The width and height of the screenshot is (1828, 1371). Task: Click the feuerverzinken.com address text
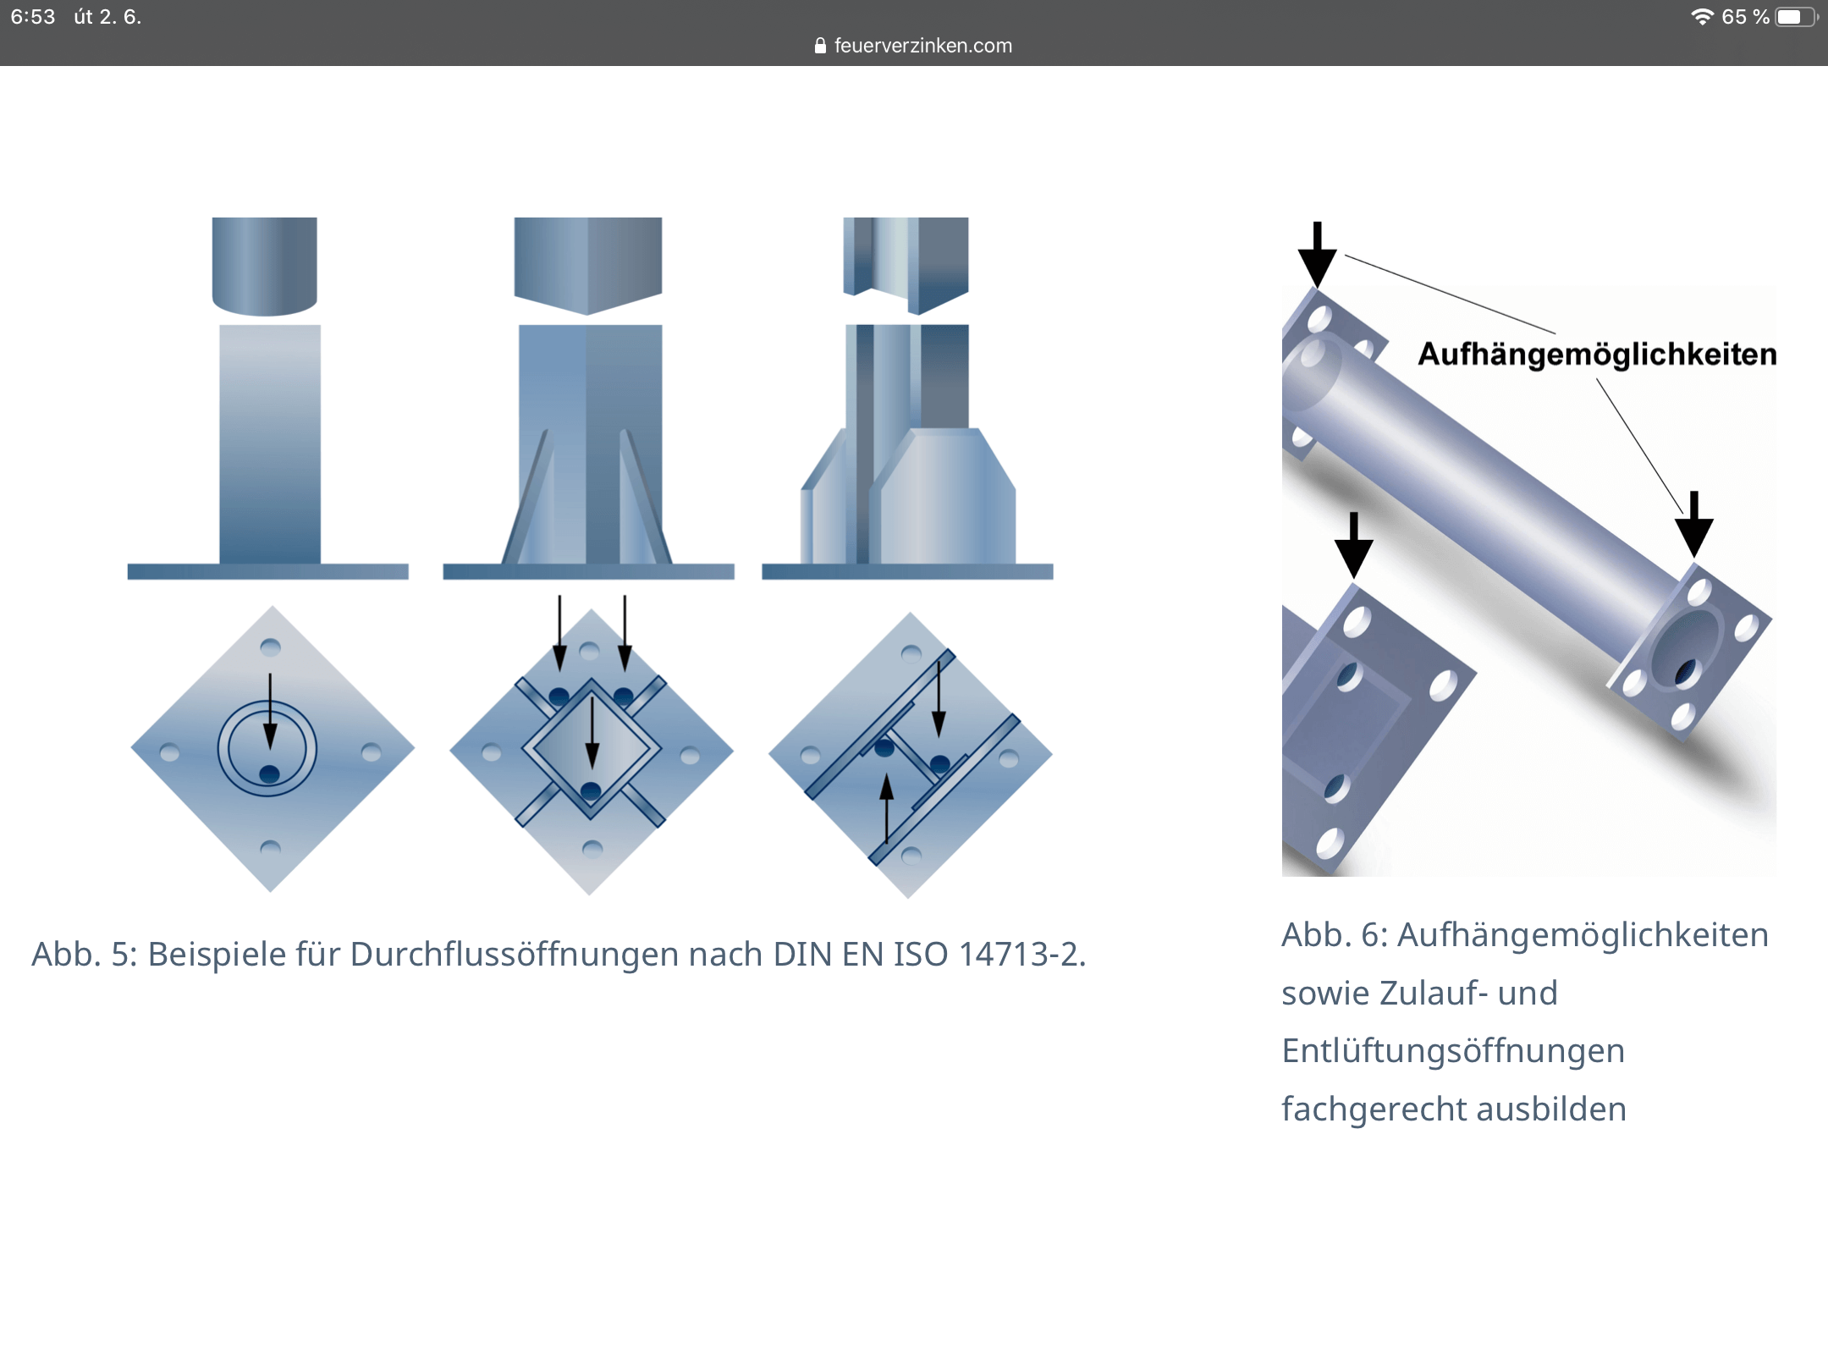(922, 46)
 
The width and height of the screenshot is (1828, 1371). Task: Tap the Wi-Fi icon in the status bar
(1702, 17)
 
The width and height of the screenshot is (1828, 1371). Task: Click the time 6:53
(33, 17)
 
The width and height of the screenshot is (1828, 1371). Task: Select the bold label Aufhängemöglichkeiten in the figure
(1597, 354)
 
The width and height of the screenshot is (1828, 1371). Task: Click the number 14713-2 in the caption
(1022, 955)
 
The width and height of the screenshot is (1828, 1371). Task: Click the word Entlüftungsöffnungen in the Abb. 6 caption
(1453, 1051)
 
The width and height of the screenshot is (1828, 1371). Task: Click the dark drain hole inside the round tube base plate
(269, 774)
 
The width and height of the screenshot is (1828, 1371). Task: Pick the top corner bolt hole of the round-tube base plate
(270, 648)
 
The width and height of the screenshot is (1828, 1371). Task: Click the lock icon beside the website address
(820, 46)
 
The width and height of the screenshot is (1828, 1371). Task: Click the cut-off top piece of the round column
(265, 266)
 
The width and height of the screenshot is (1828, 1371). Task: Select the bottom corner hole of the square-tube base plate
(592, 849)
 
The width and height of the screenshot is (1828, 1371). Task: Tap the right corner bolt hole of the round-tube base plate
(372, 752)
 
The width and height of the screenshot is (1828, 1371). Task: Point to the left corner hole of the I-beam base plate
(810, 755)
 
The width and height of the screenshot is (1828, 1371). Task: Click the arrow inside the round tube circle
(270, 712)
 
